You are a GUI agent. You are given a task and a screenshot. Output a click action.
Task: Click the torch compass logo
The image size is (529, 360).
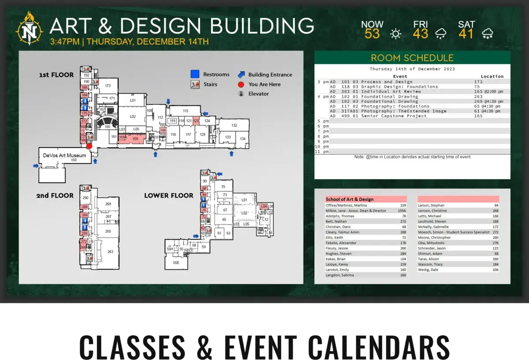[30, 29]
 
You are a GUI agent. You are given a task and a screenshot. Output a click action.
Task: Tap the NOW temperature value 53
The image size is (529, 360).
[372, 33]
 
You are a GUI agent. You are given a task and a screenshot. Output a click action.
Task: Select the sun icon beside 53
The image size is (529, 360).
[396, 33]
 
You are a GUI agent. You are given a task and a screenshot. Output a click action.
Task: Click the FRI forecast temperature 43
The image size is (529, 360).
[421, 33]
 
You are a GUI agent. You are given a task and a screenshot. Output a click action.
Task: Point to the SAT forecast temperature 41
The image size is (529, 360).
[466, 33]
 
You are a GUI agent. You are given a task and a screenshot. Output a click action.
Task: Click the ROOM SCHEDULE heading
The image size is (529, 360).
[412, 58]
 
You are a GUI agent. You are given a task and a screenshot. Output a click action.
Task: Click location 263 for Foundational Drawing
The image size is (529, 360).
[478, 96]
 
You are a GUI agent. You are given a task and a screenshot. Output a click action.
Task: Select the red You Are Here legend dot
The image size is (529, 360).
[241, 84]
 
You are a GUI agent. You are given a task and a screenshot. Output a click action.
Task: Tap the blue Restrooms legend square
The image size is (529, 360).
[195, 74]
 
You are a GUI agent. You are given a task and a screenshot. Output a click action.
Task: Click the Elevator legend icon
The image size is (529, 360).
[241, 94]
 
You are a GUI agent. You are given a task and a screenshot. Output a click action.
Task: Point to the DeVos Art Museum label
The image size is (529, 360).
[64, 155]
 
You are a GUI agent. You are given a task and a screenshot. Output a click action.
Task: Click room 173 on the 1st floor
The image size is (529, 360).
[107, 85]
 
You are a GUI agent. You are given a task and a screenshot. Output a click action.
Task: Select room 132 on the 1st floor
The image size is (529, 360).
[234, 126]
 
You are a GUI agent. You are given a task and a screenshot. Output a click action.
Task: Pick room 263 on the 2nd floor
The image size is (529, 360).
[110, 252]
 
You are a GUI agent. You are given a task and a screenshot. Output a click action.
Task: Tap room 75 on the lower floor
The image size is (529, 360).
[223, 187]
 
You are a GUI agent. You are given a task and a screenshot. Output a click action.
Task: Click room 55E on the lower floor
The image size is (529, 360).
[176, 263]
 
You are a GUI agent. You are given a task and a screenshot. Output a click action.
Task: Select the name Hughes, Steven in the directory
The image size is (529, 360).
[339, 254]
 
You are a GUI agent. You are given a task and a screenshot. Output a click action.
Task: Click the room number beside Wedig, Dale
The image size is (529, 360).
[496, 270]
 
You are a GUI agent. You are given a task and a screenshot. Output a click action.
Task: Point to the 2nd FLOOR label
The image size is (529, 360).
[55, 195]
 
